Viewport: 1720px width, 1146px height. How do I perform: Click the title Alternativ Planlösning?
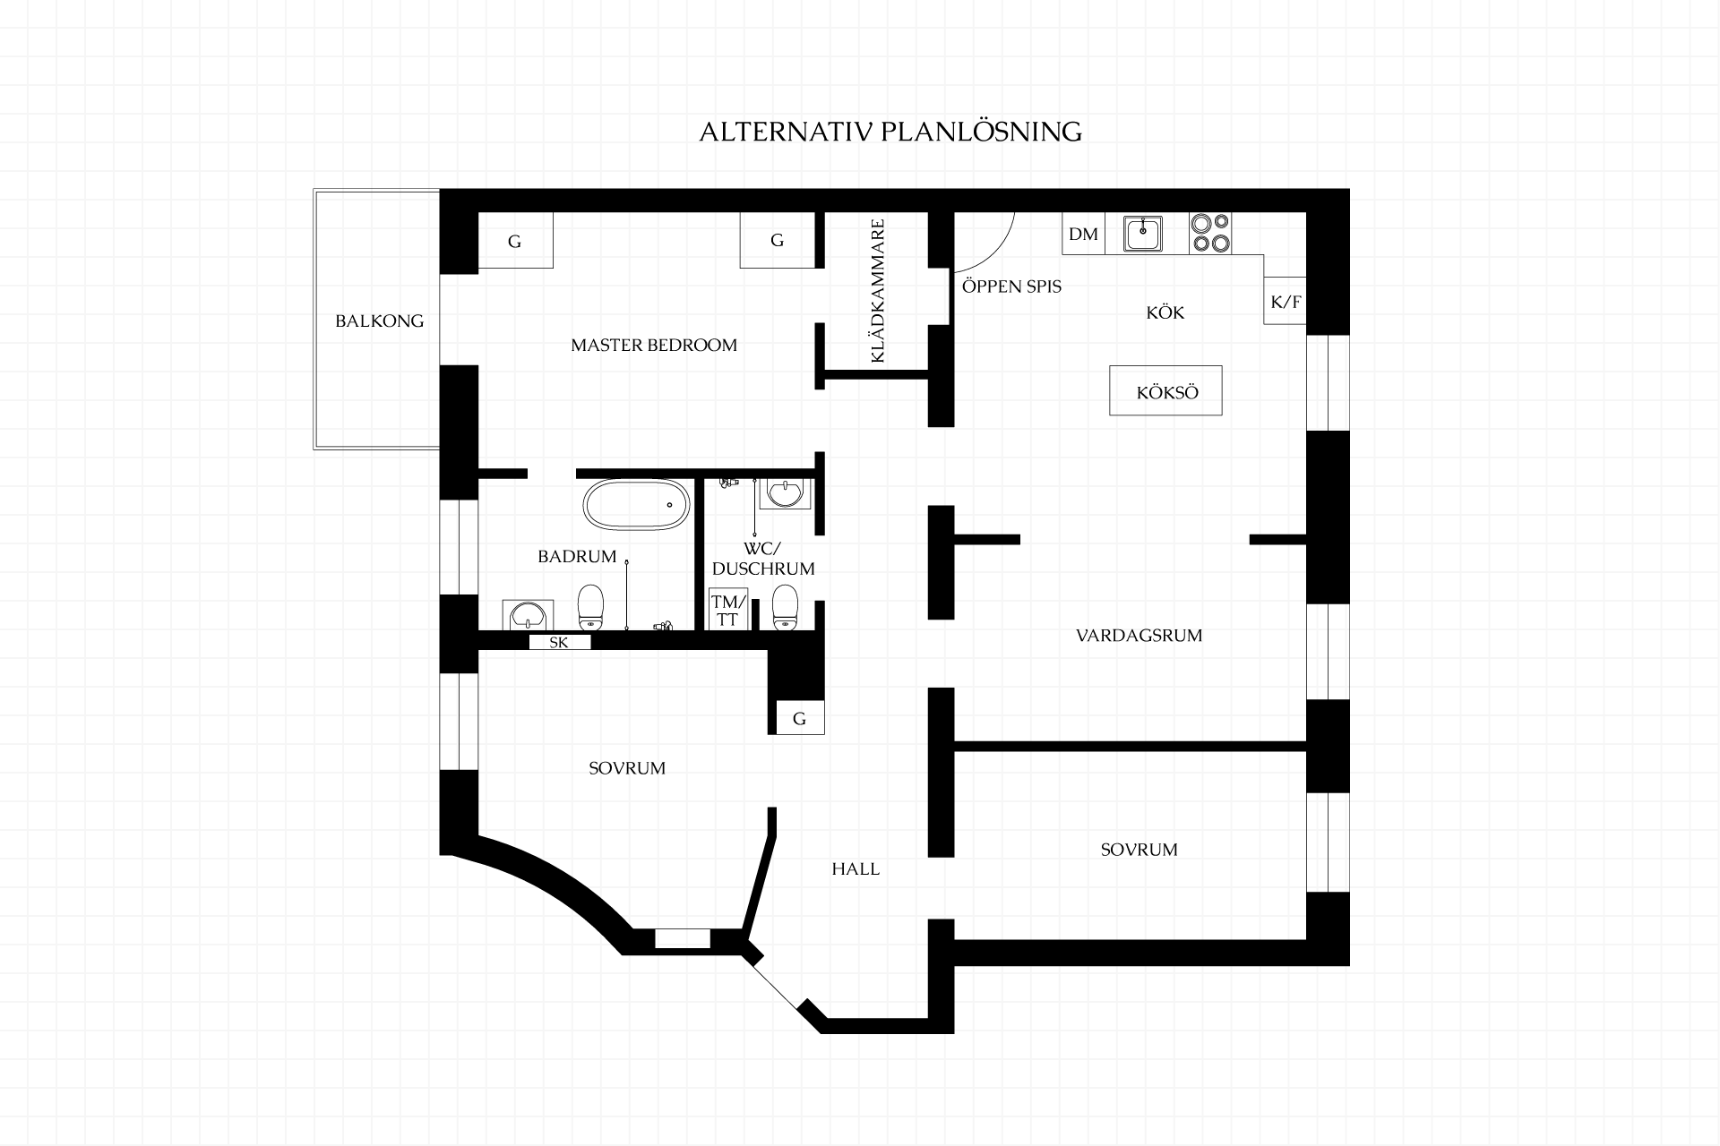click(x=890, y=132)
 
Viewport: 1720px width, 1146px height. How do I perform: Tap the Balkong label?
click(x=379, y=321)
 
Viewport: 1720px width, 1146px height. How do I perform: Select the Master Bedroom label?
click(x=654, y=345)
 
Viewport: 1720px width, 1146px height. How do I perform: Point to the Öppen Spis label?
click(x=1011, y=286)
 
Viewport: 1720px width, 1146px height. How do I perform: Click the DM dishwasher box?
click(x=1084, y=234)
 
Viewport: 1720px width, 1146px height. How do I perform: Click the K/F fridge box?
click(x=1286, y=302)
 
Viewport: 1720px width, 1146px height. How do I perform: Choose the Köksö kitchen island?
click(x=1165, y=390)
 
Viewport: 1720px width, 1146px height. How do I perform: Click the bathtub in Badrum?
click(x=637, y=505)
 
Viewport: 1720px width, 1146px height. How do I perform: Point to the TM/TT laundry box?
click(x=727, y=610)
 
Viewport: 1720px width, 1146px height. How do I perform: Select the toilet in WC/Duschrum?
click(x=786, y=608)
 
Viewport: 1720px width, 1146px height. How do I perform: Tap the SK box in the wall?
click(x=559, y=642)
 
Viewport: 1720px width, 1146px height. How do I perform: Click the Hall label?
click(x=856, y=868)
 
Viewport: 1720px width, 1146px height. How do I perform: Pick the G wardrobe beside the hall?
click(x=799, y=718)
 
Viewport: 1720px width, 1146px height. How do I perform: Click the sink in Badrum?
click(x=526, y=614)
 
